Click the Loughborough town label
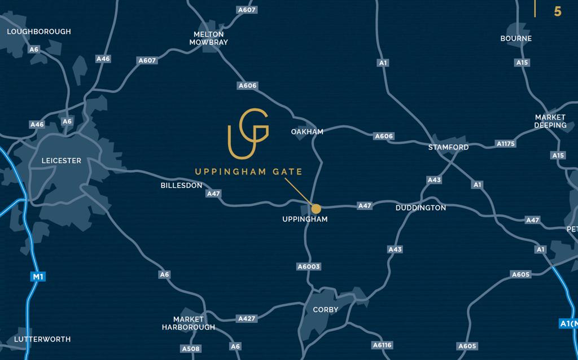(39, 32)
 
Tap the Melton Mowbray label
(208, 38)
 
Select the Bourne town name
(516, 38)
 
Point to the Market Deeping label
(550, 121)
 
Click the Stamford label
(448, 147)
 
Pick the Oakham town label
(307, 131)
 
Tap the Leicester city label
(62, 161)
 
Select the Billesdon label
(181, 185)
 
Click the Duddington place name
(421, 208)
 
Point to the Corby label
(326, 309)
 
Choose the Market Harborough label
(189, 323)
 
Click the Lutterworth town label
(42, 339)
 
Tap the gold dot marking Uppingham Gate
(316, 209)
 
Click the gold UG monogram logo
(248, 134)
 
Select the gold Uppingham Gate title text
(248, 172)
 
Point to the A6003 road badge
(309, 266)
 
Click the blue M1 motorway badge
(38, 276)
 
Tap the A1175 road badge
(506, 144)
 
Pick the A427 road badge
(247, 318)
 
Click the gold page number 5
(558, 11)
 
